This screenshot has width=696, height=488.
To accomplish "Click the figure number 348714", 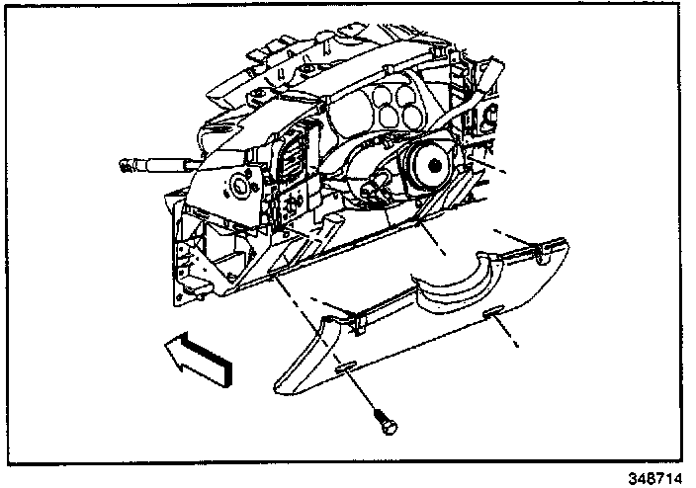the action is coord(654,479).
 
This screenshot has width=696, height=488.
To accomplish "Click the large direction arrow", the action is coord(198,359).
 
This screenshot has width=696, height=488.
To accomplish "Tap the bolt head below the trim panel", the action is coord(388,426).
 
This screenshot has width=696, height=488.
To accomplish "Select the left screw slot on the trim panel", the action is coord(345,366).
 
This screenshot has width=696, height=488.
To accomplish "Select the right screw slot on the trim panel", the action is coord(493,311).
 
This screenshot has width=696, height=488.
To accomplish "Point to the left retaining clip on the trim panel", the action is coord(358,322).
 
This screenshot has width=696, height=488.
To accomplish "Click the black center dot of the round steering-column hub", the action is coord(435,166).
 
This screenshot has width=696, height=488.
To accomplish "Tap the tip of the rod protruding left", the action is coord(123,166).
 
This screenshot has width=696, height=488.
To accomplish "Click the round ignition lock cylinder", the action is coord(240,185).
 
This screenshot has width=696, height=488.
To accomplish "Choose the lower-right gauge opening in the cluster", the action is coord(411,116).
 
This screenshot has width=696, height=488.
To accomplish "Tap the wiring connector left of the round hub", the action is coord(373,190).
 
